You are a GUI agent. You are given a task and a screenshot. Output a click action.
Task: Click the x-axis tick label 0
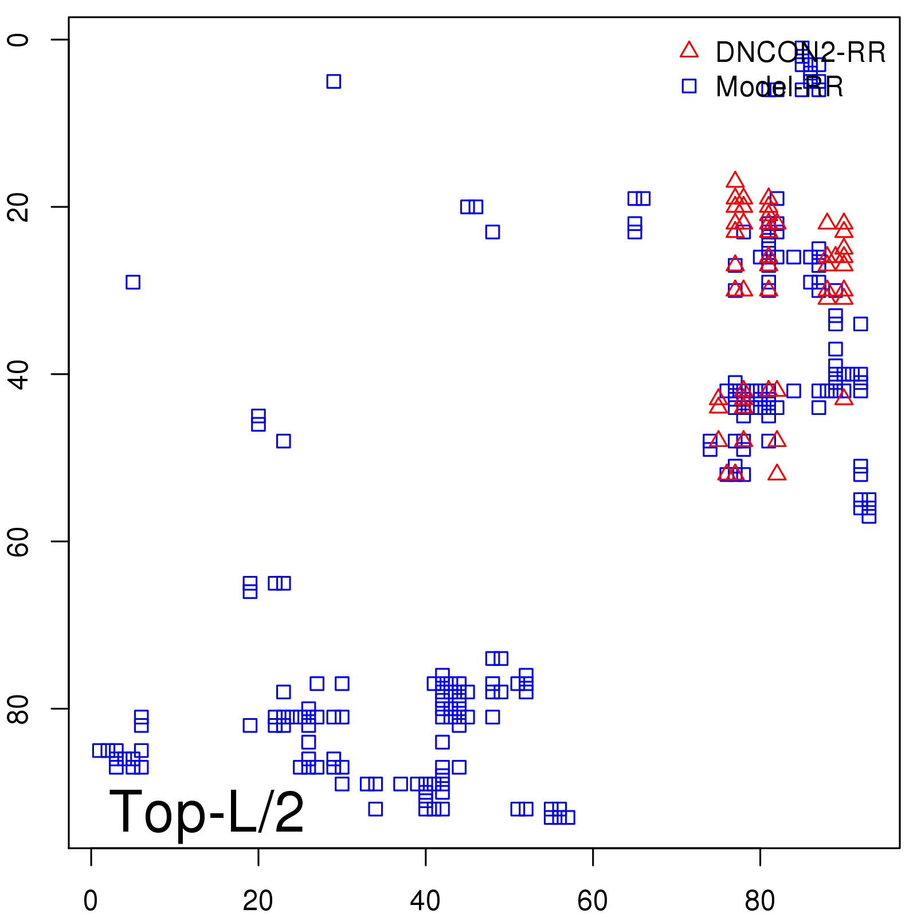(x=91, y=901)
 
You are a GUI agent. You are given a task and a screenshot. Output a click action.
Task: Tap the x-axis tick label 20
(x=258, y=901)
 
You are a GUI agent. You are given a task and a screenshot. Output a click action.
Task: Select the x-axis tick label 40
(x=425, y=901)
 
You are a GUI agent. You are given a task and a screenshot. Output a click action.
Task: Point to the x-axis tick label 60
(x=593, y=901)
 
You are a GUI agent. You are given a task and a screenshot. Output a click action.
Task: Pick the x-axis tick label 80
(x=760, y=901)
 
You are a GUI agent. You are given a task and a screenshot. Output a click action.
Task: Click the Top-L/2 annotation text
(x=206, y=813)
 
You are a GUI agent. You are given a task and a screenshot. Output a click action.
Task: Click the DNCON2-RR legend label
(x=800, y=53)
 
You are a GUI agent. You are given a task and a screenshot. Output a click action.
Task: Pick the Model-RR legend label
(x=779, y=87)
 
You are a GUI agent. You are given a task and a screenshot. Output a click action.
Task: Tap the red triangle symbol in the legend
(x=689, y=50)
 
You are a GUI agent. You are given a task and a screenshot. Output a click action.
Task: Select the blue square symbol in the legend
(x=689, y=86)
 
